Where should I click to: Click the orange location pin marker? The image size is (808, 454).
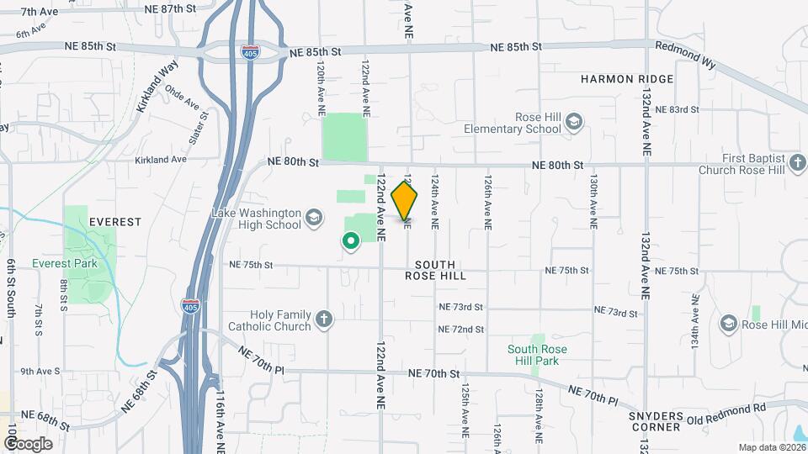pos(405,201)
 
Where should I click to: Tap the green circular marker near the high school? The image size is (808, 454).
pos(350,242)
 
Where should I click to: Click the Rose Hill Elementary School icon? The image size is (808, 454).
pos(574,123)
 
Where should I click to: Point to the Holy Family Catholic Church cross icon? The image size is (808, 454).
pos(324,319)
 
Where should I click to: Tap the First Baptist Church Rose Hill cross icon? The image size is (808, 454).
pos(797,163)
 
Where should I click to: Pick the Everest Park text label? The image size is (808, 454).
pos(65,263)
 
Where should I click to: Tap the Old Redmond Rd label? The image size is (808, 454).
pos(726,409)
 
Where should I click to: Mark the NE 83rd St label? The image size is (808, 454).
pos(677,110)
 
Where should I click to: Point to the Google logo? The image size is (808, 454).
pos(28,443)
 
